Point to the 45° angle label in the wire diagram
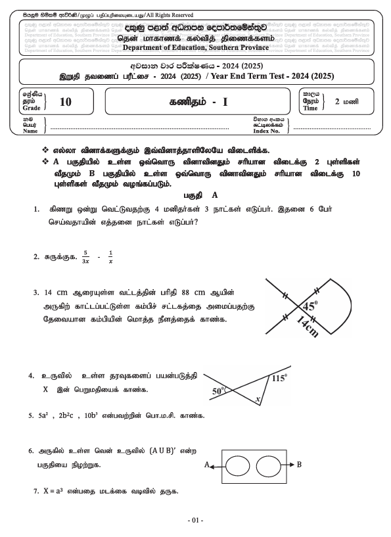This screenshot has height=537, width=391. click(310, 306)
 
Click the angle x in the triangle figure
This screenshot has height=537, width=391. click(258, 399)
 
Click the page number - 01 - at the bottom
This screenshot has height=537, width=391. click(195, 521)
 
